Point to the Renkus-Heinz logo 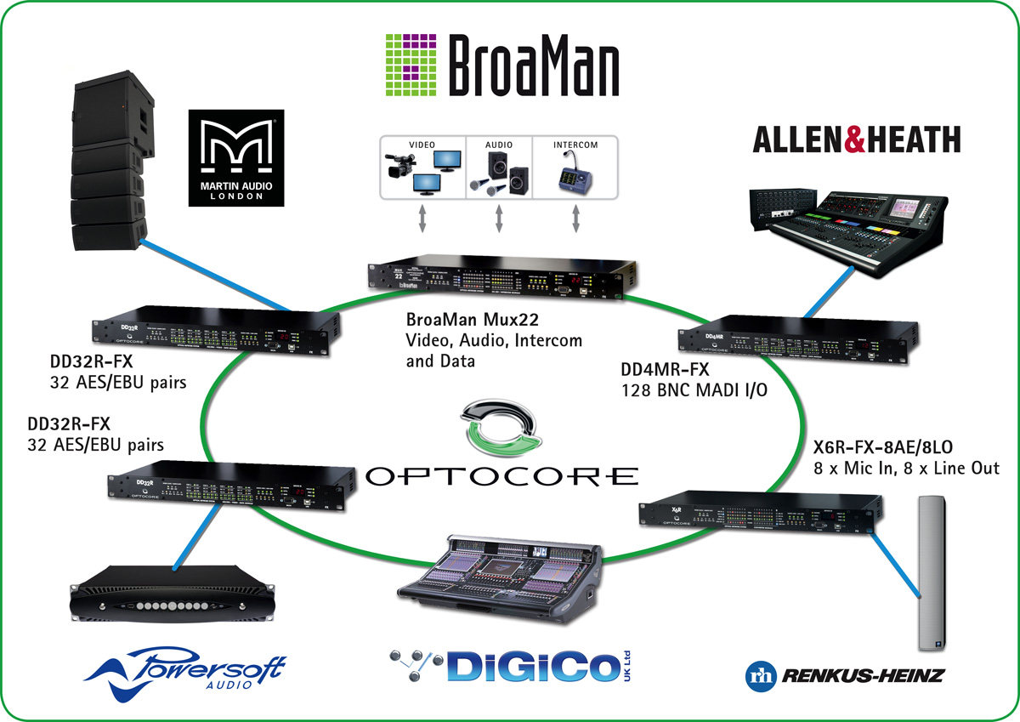coord(840,677)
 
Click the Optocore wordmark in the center coord(501,475)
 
